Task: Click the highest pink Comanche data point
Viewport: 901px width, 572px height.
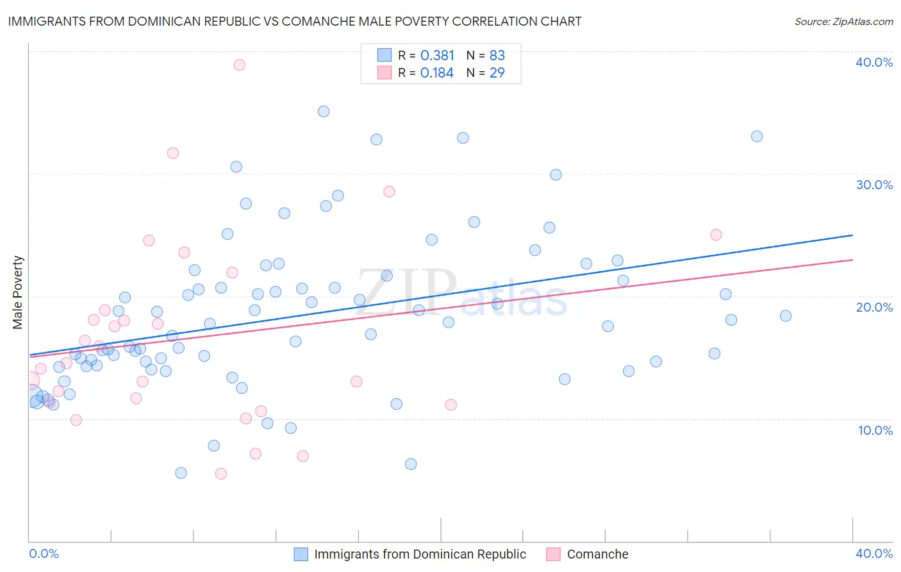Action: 239,65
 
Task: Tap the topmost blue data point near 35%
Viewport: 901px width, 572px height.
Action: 324,112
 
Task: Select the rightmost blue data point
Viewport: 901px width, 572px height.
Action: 786,315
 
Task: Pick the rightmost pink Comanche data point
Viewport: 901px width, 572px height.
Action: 716,235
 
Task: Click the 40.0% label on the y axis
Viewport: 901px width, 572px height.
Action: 874,62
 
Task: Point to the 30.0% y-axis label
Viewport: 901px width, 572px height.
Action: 874,185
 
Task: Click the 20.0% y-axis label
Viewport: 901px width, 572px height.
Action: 874,307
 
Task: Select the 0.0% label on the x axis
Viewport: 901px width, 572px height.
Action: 44,553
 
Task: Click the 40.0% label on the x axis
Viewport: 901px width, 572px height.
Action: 874,553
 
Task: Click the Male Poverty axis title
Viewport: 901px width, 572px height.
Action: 18,292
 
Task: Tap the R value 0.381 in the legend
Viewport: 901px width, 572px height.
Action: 437,55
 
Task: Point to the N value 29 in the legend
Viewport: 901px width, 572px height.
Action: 497,73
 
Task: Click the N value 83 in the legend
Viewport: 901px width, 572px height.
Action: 497,55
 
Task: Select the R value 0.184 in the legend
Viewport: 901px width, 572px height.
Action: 437,73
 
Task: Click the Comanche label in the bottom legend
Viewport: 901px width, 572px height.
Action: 597,554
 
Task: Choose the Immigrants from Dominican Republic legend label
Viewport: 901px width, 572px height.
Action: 420,554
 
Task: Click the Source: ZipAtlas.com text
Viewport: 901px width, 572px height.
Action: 843,22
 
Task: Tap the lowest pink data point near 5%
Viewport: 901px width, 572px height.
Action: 220,474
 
